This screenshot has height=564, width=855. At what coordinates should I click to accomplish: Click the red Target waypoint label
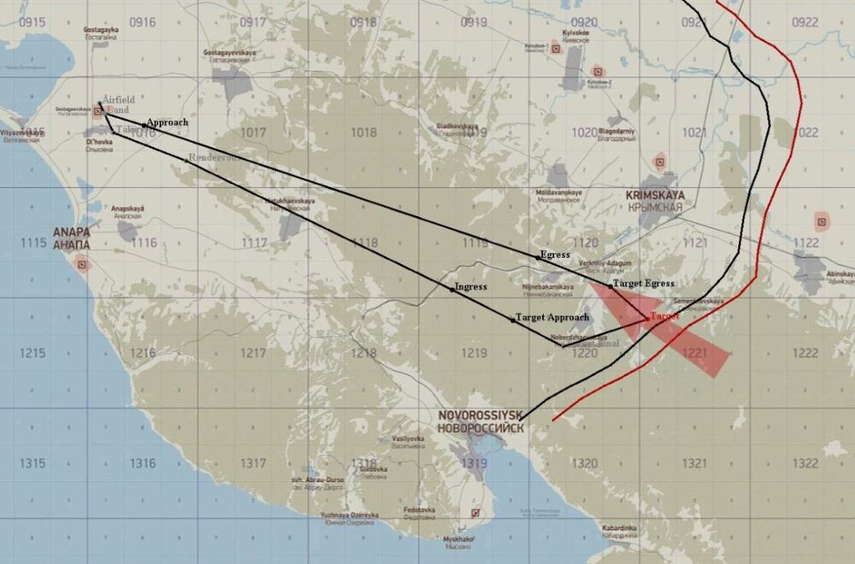(664, 316)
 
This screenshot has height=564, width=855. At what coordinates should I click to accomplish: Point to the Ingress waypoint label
(471, 287)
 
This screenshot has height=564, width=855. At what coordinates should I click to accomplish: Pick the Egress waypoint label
(555, 255)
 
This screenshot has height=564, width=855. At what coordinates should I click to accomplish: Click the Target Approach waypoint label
(552, 317)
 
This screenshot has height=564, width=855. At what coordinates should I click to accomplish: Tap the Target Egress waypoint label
(644, 283)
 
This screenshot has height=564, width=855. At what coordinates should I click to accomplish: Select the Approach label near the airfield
(167, 122)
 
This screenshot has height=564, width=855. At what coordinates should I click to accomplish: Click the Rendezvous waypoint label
(212, 158)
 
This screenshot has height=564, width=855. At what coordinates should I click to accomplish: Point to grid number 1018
(363, 132)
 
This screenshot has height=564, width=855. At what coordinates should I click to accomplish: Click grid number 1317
(254, 463)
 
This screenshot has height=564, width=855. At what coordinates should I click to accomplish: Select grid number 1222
(805, 353)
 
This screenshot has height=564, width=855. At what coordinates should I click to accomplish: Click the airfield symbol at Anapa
(83, 265)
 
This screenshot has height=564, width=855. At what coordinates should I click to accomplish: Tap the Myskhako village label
(457, 540)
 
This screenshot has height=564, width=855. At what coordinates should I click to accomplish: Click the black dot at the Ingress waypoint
(452, 289)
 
